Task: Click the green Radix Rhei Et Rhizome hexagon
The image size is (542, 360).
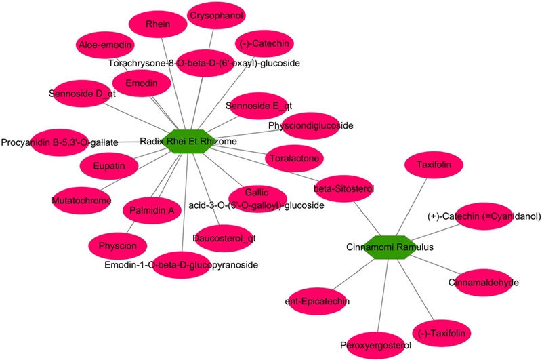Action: click(x=188, y=142)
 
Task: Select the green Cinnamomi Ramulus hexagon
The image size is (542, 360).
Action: click(x=386, y=247)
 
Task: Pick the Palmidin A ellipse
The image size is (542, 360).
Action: click(x=152, y=210)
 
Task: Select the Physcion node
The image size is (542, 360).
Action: click(x=117, y=245)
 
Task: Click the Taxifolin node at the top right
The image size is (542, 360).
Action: click(x=434, y=164)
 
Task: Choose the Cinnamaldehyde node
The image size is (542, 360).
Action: click(x=483, y=281)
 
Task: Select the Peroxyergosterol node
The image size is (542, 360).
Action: click(x=375, y=345)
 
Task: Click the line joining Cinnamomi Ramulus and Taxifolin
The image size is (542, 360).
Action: click(x=410, y=206)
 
